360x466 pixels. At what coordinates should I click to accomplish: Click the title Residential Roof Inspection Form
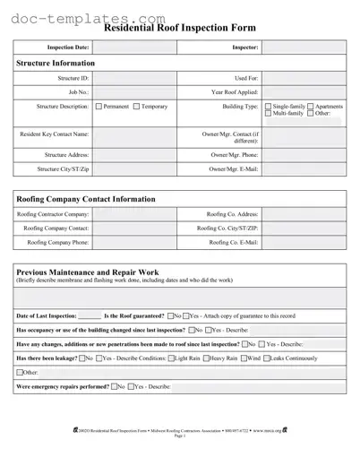coord(180,28)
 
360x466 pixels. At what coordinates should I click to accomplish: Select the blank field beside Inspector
coord(303,47)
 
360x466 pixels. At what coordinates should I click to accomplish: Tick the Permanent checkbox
coord(99,107)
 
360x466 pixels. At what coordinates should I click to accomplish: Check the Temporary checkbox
coord(136,107)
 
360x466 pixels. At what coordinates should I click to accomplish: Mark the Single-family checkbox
coord(268,107)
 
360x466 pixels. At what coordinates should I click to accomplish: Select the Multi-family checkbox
coord(268,114)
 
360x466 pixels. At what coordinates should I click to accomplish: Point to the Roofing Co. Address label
coord(232,214)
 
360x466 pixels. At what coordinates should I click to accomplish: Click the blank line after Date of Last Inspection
coord(90,316)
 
